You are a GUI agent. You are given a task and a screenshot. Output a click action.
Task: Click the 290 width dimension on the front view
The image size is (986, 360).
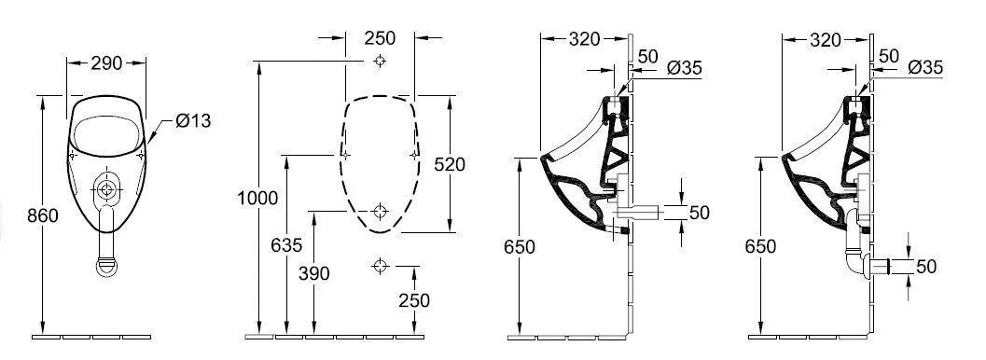[107, 64]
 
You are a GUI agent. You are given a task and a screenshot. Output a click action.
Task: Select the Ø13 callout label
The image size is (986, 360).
[193, 120]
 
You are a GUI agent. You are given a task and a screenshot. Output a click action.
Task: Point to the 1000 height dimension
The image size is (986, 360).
[257, 198]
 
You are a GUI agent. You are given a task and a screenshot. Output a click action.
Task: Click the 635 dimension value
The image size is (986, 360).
[286, 245]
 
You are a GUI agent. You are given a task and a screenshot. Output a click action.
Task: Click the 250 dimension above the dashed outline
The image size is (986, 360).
[380, 38]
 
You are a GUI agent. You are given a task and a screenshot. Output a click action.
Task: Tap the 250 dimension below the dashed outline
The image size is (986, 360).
[413, 299]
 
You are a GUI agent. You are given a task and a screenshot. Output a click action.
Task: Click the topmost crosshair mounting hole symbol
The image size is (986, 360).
[379, 62]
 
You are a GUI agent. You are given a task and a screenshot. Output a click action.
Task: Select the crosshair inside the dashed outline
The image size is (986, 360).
[379, 211]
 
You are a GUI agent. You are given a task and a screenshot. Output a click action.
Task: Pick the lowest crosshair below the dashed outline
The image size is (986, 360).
[379, 267]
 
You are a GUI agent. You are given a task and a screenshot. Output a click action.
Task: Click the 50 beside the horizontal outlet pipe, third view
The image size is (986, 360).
[699, 213]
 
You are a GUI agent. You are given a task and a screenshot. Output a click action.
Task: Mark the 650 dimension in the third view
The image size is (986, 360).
[520, 247]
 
